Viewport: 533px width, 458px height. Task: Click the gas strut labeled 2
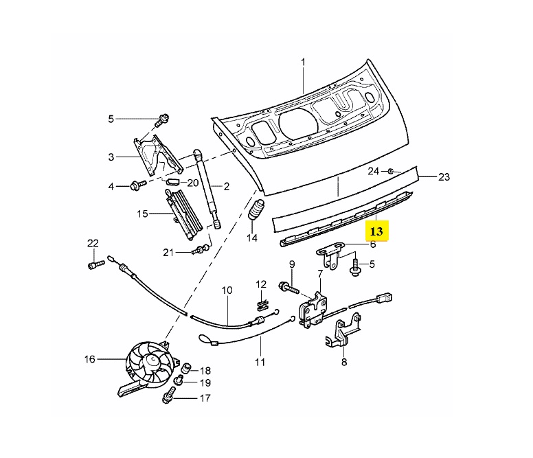pyautogui.click(x=204, y=189)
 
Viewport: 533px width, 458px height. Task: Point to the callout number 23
pyautogui.click(x=444, y=176)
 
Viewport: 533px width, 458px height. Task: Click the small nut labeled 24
pyautogui.click(x=390, y=170)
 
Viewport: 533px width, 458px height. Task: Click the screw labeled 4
pyautogui.click(x=135, y=185)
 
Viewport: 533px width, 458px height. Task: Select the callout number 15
pyautogui.click(x=142, y=214)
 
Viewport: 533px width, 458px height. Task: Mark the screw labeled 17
pyautogui.click(x=168, y=397)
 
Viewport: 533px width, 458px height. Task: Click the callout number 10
pyautogui.click(x=227, y=290)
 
